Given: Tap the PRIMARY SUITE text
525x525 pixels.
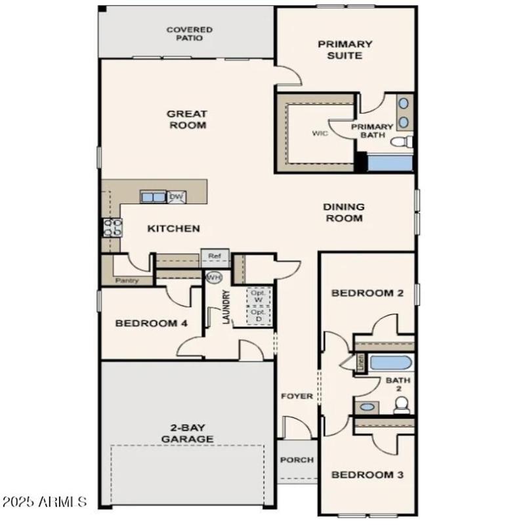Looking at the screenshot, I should tap(345, 50).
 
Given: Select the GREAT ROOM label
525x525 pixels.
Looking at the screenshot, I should tap(187, 119).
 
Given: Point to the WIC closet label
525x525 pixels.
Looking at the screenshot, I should tap(320, 133).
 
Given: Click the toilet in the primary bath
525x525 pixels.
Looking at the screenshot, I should tap(401, 142).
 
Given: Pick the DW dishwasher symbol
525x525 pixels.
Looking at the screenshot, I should tap(176, 196).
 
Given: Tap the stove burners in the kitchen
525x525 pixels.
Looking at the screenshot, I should tap(112, 227).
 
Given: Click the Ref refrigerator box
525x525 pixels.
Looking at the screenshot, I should tap(215, 256).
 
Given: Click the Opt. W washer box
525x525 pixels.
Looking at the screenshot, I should tap(259, 295).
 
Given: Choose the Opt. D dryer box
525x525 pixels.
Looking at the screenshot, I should tap(259, 316).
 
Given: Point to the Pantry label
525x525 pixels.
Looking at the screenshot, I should tap(127, 280).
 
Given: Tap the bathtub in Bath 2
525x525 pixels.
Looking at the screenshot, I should tap(391, 362).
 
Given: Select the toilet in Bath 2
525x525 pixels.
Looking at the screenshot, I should tap(401, 407).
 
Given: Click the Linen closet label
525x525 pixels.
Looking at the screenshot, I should tap(360, 362).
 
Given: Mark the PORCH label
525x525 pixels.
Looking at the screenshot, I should tap(297, 460).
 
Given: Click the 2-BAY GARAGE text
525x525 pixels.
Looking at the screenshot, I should tap(187, 433).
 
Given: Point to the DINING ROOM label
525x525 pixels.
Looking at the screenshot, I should tap(343, 212).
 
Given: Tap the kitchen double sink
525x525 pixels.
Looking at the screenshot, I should tap(153, 197).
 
